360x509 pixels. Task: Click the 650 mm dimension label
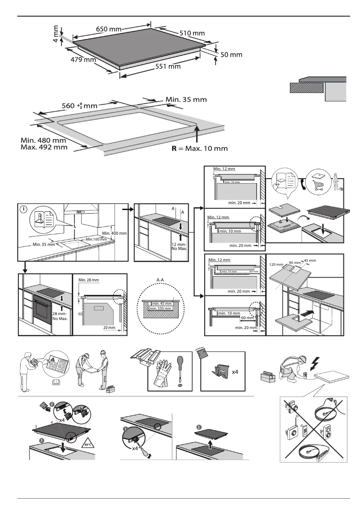click(109, 29)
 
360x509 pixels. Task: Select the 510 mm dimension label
click(192, 33)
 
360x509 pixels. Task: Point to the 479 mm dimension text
click(83, 59)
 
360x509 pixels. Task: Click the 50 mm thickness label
click(231, 55)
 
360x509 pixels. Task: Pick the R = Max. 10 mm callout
click(199, 148)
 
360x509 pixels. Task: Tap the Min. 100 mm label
click(97, 239)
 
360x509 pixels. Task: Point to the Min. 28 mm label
click(88, 280)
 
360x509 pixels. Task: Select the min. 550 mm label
click(160, 308)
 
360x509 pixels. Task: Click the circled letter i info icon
click(23, 209)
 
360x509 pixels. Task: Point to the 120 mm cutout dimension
click(275, 265)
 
